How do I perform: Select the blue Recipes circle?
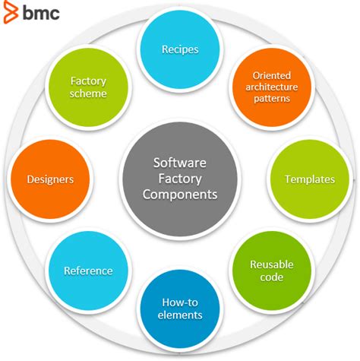point(180,49)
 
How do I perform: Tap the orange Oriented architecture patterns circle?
point(271,87)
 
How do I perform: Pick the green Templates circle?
point(309,179)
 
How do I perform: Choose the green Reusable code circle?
point(271,271)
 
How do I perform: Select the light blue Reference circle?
point(88,271)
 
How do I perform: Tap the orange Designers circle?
point(50,179)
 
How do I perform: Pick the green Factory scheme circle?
point(88,87)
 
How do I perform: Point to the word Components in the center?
point(180,195)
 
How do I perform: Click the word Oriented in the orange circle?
point(271,74)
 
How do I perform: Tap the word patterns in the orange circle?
point(271,99)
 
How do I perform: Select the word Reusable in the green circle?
point(271,264)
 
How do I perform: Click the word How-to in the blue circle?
point(180,302)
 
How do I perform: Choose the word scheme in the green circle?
point(88,93)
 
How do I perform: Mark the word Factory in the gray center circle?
point(179,178)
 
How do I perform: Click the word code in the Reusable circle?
point(271,277)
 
